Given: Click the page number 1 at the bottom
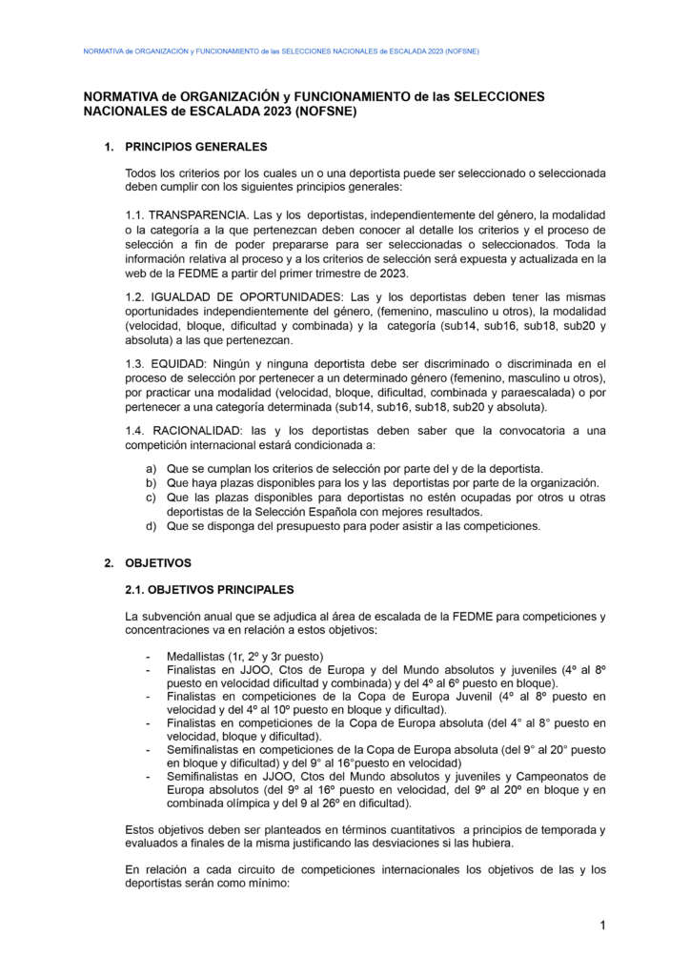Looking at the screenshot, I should (x=603, y=925).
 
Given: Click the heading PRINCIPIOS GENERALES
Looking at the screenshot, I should (x=196, y=147).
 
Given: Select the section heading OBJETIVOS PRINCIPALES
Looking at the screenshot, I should (x=210, y=589).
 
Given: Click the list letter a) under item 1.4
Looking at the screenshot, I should (x=151, y=469).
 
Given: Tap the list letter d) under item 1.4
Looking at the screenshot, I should (x=151, y=525).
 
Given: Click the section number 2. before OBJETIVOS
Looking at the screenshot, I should (x=110, y=562).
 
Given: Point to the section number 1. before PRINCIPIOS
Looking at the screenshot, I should (x=110, y=147).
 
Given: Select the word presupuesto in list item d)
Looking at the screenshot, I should (x=298, y=525).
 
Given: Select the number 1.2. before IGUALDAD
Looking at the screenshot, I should (x=137, y=297).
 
